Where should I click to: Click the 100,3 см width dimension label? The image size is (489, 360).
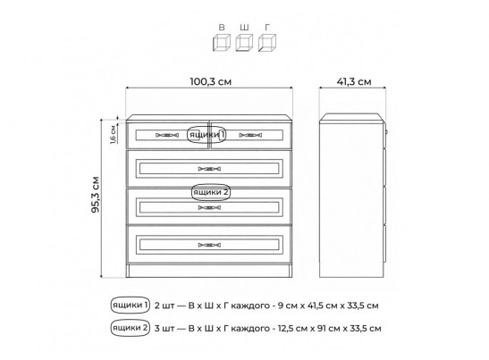(x=210, y=81)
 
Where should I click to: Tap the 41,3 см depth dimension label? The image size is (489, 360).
(x=354, y=81)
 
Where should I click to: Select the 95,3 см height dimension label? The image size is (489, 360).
(x=96, y=195)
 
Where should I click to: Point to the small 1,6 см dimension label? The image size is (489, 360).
(x=113, y=135)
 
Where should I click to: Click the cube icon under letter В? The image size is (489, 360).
(x=222, y=43)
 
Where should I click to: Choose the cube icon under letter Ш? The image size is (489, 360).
(x=244, y=43)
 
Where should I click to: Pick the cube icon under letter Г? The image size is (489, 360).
(x=267, y=43)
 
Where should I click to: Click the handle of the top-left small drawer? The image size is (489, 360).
(x=167, y=135)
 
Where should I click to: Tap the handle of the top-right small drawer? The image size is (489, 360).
(x=250, y=135)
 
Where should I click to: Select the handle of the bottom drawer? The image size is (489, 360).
(x=209, y=245)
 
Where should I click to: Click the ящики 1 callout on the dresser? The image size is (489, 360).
(x=207, y=135)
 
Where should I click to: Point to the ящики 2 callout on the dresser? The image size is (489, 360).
(x=210, y=192)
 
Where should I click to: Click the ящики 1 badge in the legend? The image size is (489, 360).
(x=131, y=305)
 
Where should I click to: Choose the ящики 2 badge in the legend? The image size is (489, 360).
(x=131, y=328)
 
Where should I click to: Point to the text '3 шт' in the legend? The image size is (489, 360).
(x=164, y=329)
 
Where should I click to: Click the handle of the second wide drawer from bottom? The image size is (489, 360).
(x=209, y=207)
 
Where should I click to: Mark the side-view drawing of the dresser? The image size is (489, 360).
(x=353, y=196)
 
